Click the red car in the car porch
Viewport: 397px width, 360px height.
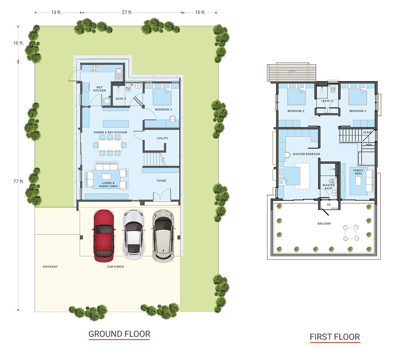(x=104, y=235)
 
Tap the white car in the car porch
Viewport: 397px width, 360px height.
(x=134, y=235)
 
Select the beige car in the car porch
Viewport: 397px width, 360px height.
(x=164, y=235)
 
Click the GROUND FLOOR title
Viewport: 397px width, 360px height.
(x=119, y=334)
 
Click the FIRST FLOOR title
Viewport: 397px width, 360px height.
(x=335, y=337)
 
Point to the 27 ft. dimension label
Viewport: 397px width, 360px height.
(x=127, y=12)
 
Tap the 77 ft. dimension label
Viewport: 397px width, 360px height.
(x=19, y=181)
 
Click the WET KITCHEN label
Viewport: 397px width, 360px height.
(x=100, y=89)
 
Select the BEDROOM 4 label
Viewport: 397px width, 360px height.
(x=164, y=109)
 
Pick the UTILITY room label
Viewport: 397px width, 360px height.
(x=162, y=138)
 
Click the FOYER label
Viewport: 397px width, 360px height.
(x=161, y=181)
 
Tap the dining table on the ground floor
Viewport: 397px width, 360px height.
(x=110, y=145)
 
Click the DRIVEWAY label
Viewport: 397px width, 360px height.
(x=50, y=267)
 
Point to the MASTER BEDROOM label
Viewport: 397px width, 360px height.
(x=306, y=154)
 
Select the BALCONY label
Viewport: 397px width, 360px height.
(x=324, y=224)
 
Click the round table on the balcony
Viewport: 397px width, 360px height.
(x=350, y=233)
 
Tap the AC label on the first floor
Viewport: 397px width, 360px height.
(x=329, y=205)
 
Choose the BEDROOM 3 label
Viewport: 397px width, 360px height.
(x=358, y=111)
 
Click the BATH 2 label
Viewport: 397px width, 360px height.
(x=328, y=101)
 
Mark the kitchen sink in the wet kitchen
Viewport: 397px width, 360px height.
(x=119, y=73)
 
